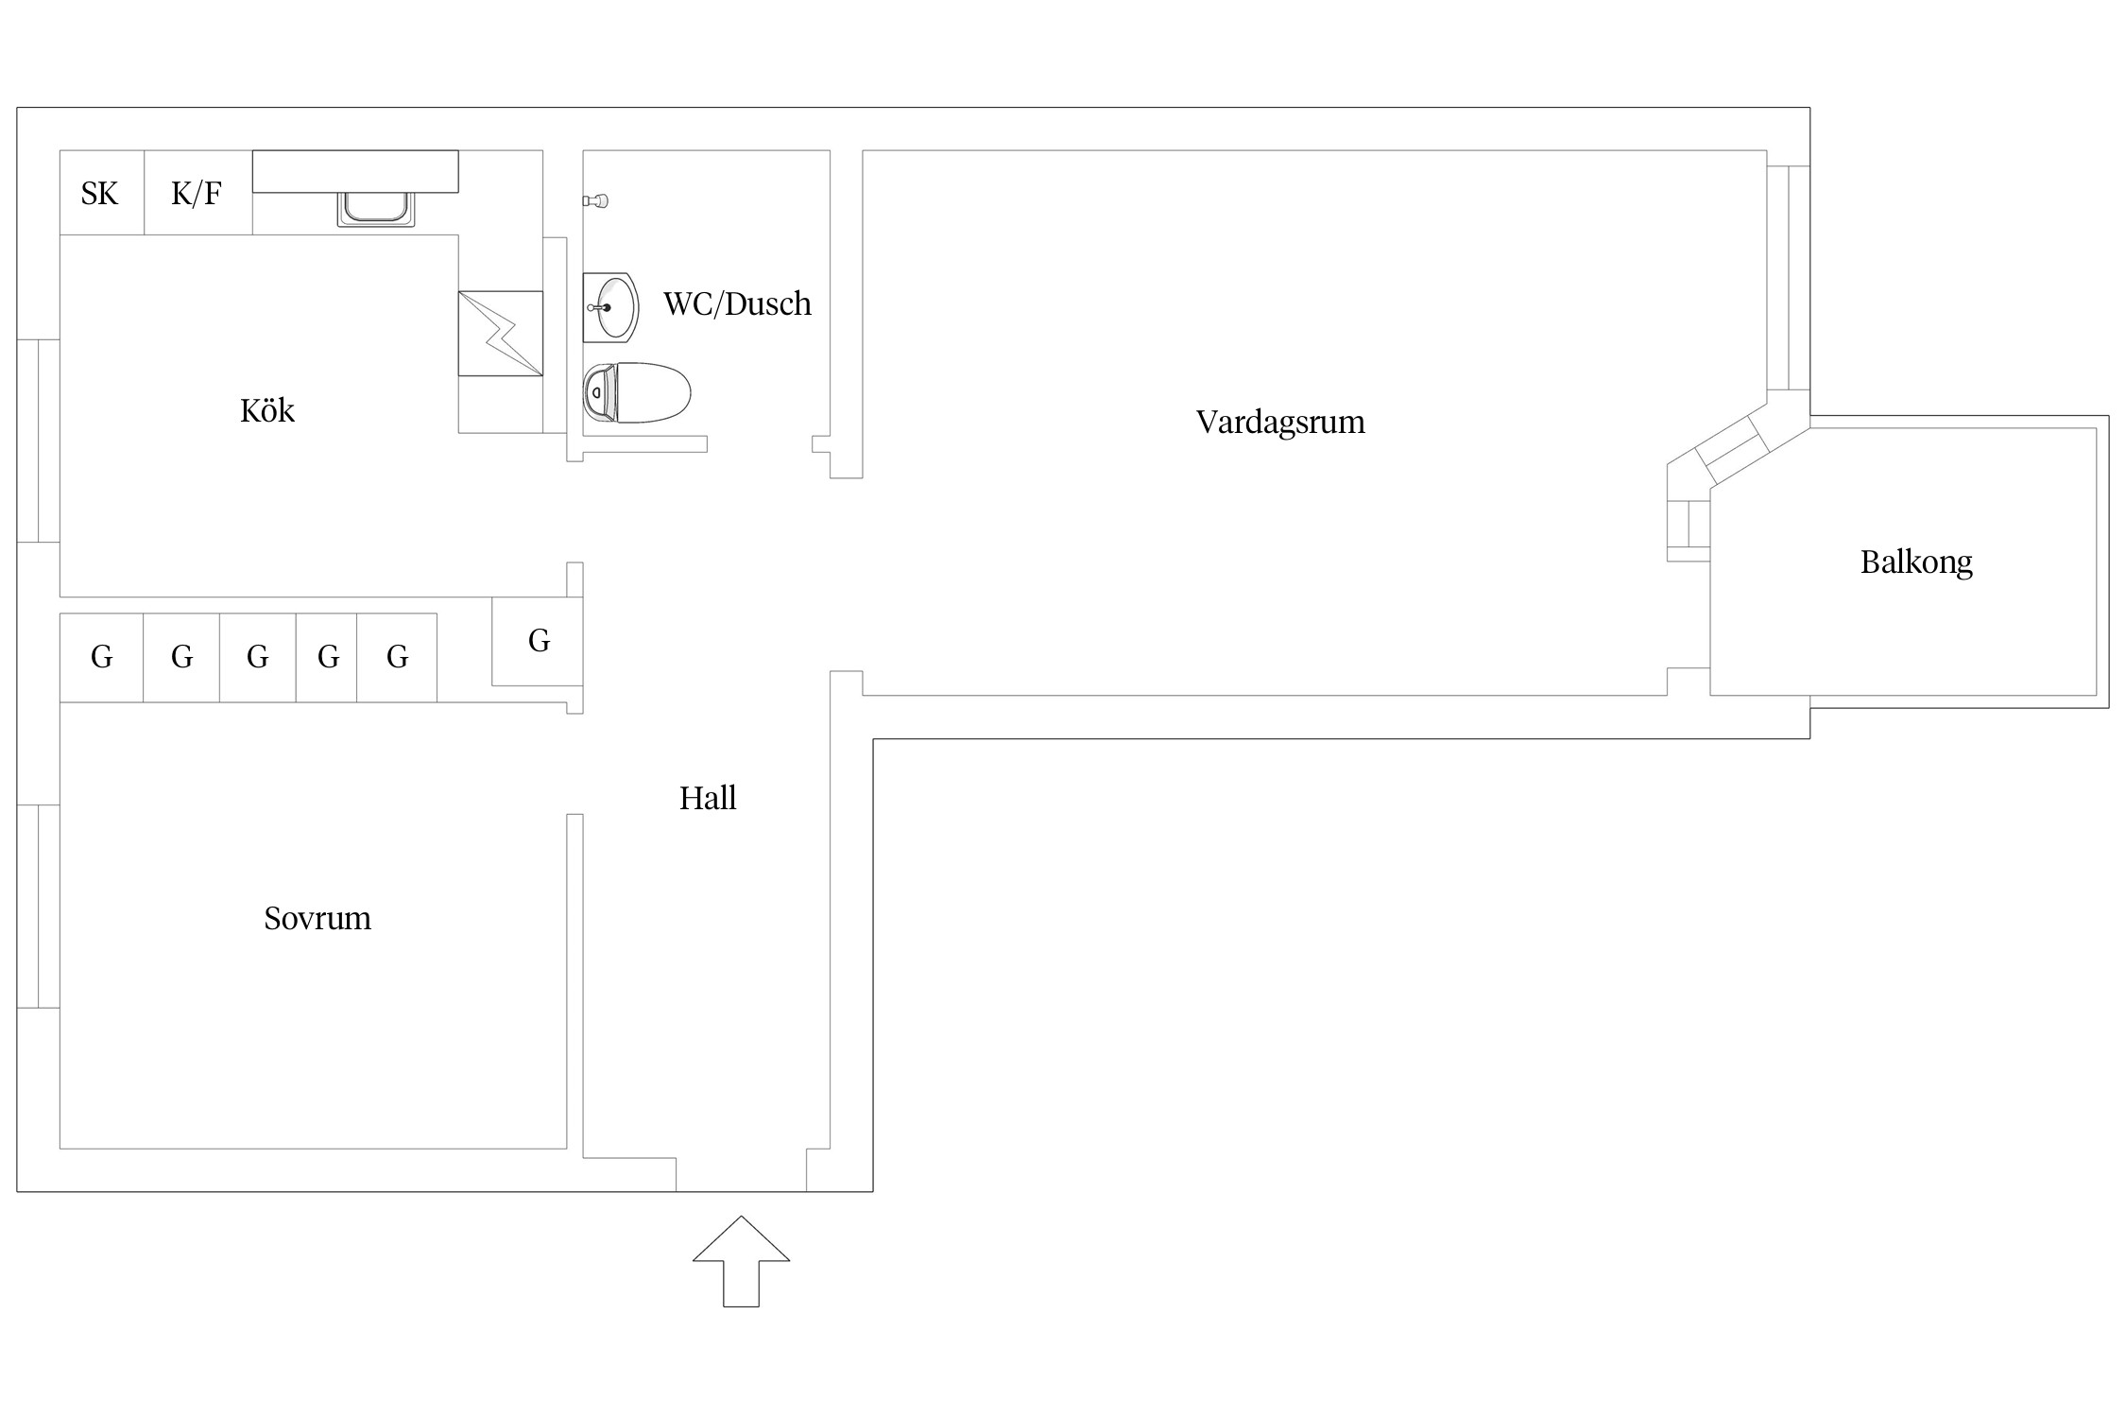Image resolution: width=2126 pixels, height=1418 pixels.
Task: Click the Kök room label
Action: (267, 410)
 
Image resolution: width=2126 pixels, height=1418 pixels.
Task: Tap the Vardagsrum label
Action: (1280, 422)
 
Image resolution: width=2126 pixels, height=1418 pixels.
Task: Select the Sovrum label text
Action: (317, 919)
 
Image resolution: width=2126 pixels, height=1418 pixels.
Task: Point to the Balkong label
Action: (1916, 562)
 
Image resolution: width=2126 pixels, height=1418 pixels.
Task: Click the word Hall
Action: (708, 799)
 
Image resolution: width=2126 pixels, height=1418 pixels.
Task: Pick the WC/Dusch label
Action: (737, 303)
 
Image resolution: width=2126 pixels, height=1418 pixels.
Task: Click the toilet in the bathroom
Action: (637, 392)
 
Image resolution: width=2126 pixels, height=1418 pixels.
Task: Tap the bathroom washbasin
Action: (610, 306)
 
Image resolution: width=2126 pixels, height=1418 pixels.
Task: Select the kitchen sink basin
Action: (376, 209)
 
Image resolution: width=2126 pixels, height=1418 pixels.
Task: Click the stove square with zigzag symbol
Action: (501, 334)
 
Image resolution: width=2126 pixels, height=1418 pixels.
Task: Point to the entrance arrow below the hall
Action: (741, 1261)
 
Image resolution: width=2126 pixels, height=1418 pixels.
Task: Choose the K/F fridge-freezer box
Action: (198, 193)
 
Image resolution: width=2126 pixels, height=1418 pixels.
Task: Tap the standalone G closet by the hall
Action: (538, 641)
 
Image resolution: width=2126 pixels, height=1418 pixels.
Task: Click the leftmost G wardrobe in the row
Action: (102, 658)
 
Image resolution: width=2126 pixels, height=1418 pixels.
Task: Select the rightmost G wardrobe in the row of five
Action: (397, 658)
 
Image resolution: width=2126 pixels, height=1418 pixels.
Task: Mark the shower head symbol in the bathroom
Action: (595, 200)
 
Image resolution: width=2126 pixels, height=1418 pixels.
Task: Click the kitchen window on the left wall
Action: (39, 441)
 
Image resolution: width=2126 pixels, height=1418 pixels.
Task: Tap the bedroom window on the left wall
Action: (39, 907)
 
